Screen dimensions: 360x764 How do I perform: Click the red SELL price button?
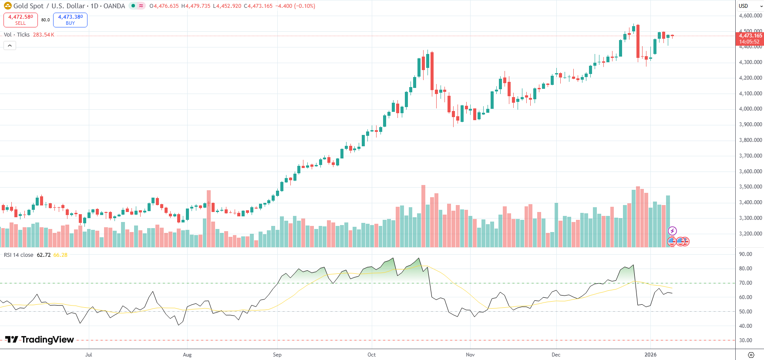(x=20, y=20)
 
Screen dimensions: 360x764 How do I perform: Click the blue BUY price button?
(x=70, y=20)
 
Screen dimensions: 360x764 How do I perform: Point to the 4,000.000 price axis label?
(x=751, y=109)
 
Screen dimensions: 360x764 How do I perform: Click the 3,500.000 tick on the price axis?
(x=751, y=187)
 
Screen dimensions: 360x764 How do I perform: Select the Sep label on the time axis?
(x=277, y=355)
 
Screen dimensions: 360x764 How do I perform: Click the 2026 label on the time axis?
(x=650, y=355)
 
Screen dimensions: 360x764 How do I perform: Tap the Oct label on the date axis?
(x=371, y=355)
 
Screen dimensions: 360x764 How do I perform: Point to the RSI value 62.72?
(x=44, y=255)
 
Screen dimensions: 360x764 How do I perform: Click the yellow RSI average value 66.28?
(x=61, y=255)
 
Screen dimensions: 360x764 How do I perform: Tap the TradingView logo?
(x=40, y=340)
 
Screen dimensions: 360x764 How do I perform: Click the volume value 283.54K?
(x=44, y=35)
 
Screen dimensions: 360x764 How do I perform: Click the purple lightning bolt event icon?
(x=672, y=231)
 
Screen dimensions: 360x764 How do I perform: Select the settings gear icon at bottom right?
(x=751, y=355)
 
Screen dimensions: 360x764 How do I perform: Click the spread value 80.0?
(x=45, y=20)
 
